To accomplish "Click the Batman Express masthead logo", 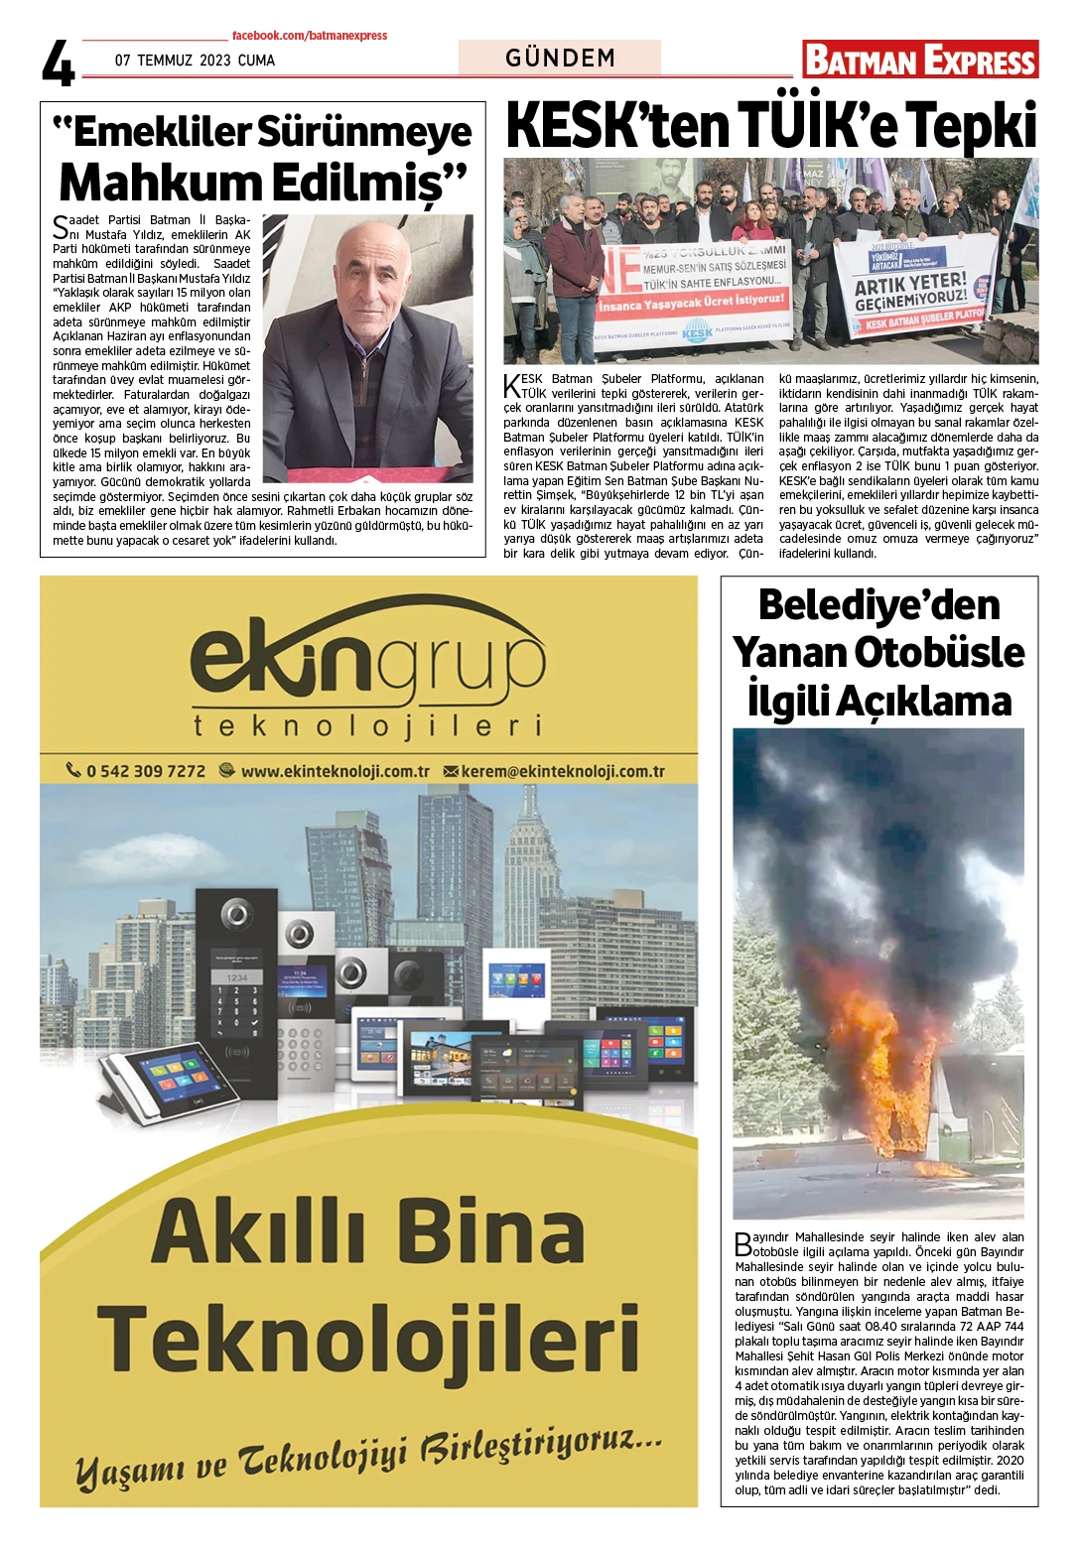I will [x=920, y=60].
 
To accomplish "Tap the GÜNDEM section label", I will [x=560, y=58].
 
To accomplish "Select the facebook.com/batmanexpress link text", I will [x=310, y=36].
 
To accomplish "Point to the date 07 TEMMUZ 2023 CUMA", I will [x=195, y=61].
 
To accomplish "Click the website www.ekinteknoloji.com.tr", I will [x=335, y=771].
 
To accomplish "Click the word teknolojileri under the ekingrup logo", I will [x=367, y=725].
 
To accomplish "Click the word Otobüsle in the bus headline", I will [x=939, y=653].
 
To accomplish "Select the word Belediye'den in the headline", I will [x=878, y=605].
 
